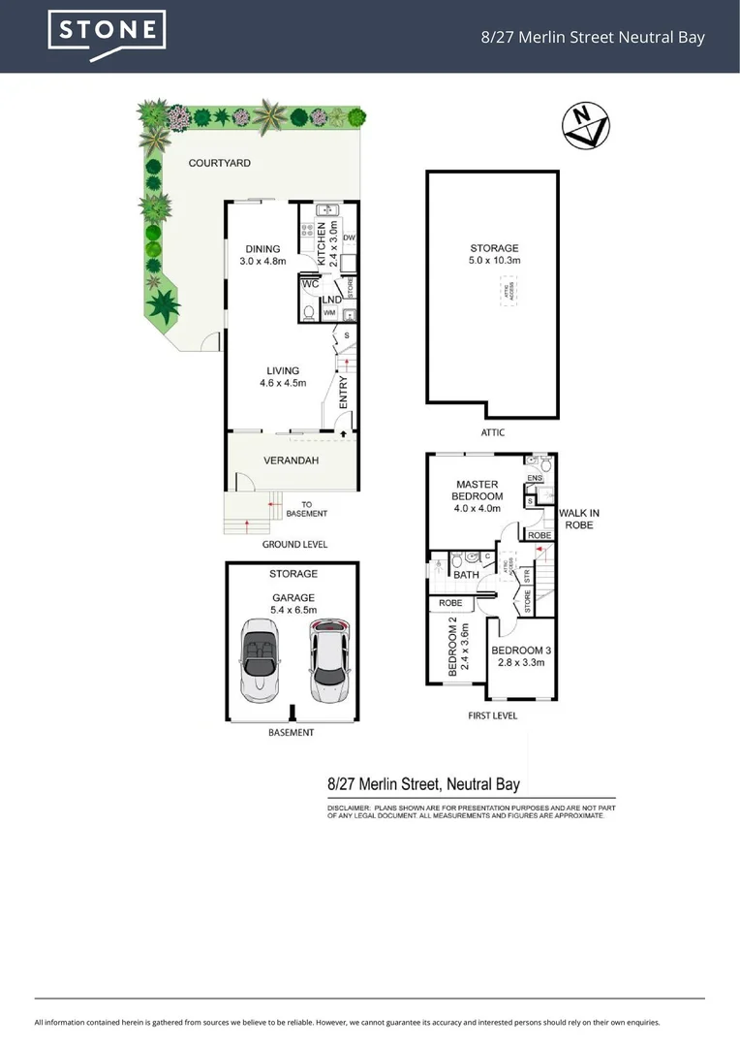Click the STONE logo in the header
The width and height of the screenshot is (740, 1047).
pos(107,35)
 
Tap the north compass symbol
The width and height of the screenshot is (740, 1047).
pos(586,126)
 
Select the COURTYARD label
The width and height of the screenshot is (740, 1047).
pos(219,163)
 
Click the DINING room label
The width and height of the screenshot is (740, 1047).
pos(262,255)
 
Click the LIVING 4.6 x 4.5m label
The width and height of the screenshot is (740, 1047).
pos(283,376)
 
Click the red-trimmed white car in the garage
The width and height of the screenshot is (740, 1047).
pos(327,664)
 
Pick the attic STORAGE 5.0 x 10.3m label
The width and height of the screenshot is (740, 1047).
pos(494,255)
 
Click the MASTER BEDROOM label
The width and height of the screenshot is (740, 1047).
pos(478,495)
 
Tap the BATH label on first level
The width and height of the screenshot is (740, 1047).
pos(466,575)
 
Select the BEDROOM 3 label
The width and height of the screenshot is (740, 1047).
pos(520,656)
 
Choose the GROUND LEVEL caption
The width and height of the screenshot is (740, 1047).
pos(294,545)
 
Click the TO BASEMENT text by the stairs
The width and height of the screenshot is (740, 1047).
pos(314,509)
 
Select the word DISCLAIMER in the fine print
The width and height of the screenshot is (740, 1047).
pos(348,808)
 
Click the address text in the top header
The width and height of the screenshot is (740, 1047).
pos(593,38)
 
